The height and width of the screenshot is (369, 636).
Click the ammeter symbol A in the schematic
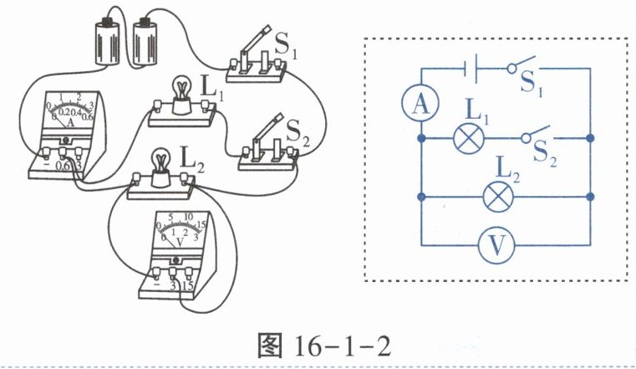(x=421, y=103)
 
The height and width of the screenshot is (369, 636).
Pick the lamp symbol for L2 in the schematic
(x=500, y=197)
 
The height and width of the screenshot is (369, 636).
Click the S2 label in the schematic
(x=545, y=153)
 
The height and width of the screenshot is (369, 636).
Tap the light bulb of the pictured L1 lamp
(x=181, y=90)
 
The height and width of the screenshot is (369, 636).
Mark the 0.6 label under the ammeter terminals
(x=64, y=167)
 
